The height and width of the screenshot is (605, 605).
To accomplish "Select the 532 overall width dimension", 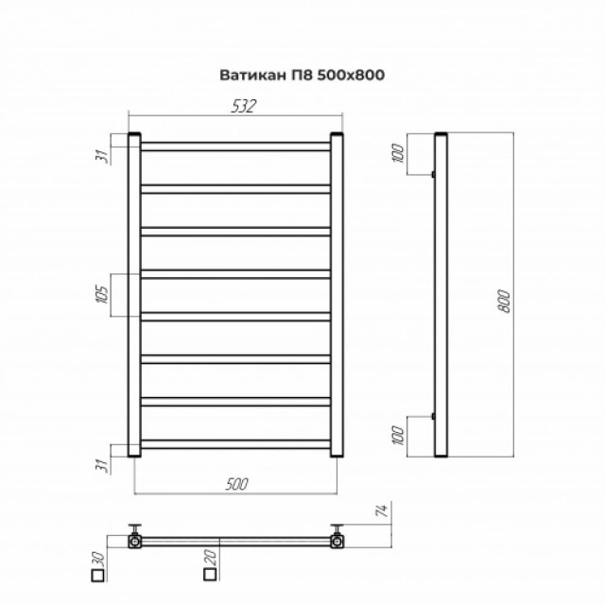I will (243, 108).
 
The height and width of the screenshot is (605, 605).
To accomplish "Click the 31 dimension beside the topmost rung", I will (103, 155).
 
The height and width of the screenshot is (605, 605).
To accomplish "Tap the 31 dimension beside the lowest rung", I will (103, 462).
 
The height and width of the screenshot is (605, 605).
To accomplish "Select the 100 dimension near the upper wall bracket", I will (398, 149).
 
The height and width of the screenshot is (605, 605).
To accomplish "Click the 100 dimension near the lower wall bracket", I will (398, 436).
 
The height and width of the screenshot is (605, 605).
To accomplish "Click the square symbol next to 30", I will (86, 574).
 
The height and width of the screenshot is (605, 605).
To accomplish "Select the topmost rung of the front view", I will (235, 147).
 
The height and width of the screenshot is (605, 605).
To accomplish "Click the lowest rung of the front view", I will (235, 444).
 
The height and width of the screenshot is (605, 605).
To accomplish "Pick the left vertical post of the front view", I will (134, 295).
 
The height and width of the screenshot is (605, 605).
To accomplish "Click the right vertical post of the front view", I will (337, 295).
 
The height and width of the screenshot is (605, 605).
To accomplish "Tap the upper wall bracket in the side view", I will (433, 174).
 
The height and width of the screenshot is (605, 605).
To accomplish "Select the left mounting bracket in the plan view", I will (137, 538).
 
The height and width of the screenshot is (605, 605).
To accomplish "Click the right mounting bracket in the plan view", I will (336, 538).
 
